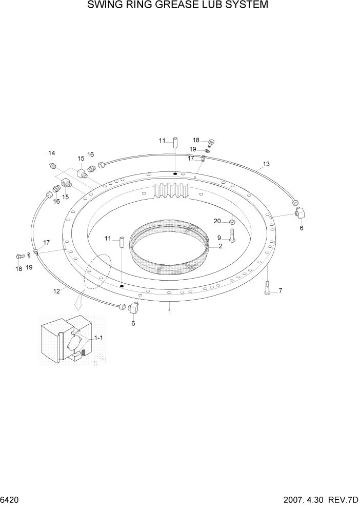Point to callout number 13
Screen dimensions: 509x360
pyautogui.click(x=266, y=164)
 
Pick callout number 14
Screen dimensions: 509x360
pyautogui.click(x=52, y=153)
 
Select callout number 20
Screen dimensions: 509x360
pyautogui.click(x=217, y=221)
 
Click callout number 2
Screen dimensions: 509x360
pyautogui.click(x=220, y=246)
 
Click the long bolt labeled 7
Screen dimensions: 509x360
pyautogui.click(x=268, y=288)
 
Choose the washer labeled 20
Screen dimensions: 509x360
pyautogui.click(x=232, y=222)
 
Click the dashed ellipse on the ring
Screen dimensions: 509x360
pyautogui.click(x=98, y=271)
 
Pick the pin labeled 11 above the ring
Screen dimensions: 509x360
pyautogui.click(x=175, y=142)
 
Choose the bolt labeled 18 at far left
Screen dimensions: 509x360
pyautogui.click(x=19, y=257)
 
